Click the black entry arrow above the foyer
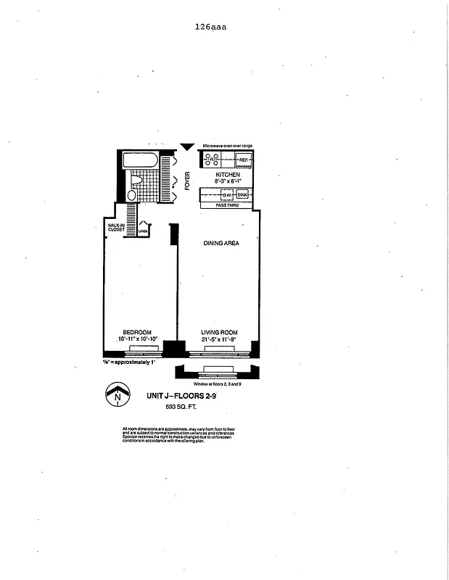187,146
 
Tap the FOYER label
187,181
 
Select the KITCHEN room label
227,175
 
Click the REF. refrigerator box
243,159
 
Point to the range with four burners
213,159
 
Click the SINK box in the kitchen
242,195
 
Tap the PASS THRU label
227,206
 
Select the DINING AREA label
221,243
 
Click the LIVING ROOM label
219,333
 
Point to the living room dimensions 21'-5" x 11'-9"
219,339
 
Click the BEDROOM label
137,333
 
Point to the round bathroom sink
131,195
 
